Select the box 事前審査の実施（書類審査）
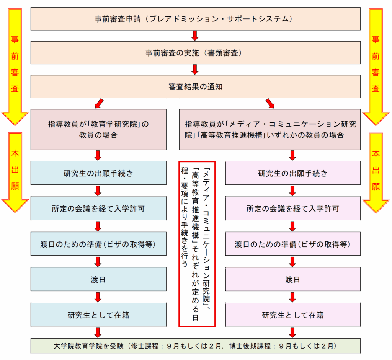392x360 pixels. (x=195, y=53)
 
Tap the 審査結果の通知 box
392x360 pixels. (x=195, y=86)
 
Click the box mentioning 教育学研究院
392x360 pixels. (x=98, y=129)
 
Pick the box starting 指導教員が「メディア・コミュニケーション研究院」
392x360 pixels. (x=270, y=129)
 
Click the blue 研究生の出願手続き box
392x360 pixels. (x=98, y=173)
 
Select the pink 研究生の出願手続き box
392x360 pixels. (x=293, y=173)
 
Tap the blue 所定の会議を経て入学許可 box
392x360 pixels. (x=98, y=209)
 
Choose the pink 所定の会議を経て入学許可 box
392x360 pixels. (x=293, y=209)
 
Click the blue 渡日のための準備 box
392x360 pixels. (x=98, y=244)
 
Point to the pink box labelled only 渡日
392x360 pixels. (x=293, y=279)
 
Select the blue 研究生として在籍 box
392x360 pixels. (x=98, y=315)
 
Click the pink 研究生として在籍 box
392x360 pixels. (x=293, y=315)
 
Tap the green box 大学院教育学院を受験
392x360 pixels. (x=195, y=346)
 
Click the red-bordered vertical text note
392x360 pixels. (x=197, y=244)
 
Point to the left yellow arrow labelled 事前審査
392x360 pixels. (x=15, y=65)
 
